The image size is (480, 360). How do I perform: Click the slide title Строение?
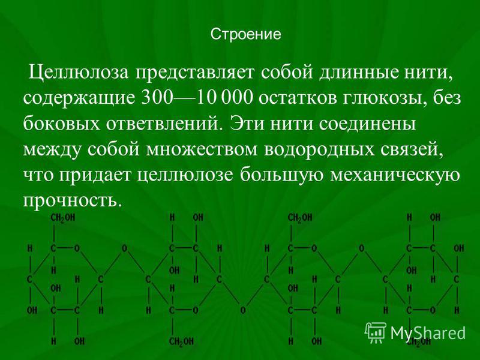click(x=245, y=34)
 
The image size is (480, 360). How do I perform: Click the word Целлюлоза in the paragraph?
click(x=79, y=73)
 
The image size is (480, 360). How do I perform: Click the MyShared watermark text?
click(x=428, y=332)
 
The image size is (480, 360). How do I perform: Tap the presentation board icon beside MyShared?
click(x=376, y=332)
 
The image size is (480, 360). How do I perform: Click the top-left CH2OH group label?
click(x=63, y=218)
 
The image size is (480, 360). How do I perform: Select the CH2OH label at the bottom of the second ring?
click(x=182, y=341)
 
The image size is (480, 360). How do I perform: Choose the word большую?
click(x=281, y=175)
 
